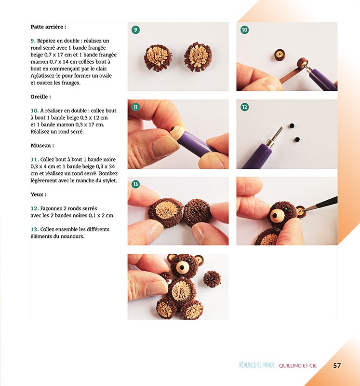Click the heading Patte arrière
point(48,27)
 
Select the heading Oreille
point(40,96)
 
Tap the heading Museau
point(42,145)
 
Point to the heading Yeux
point(39,194)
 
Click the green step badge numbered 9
point(135,30)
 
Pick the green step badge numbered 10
point(244,30)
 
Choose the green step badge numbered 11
point(135,107)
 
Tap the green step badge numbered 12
point(244,107)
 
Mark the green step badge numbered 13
point(135,184)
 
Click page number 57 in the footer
point(337,366)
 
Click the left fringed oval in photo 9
point(158,58)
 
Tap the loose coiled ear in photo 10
point(279,55)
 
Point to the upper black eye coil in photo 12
point(292,125)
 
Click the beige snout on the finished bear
point(183,267)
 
